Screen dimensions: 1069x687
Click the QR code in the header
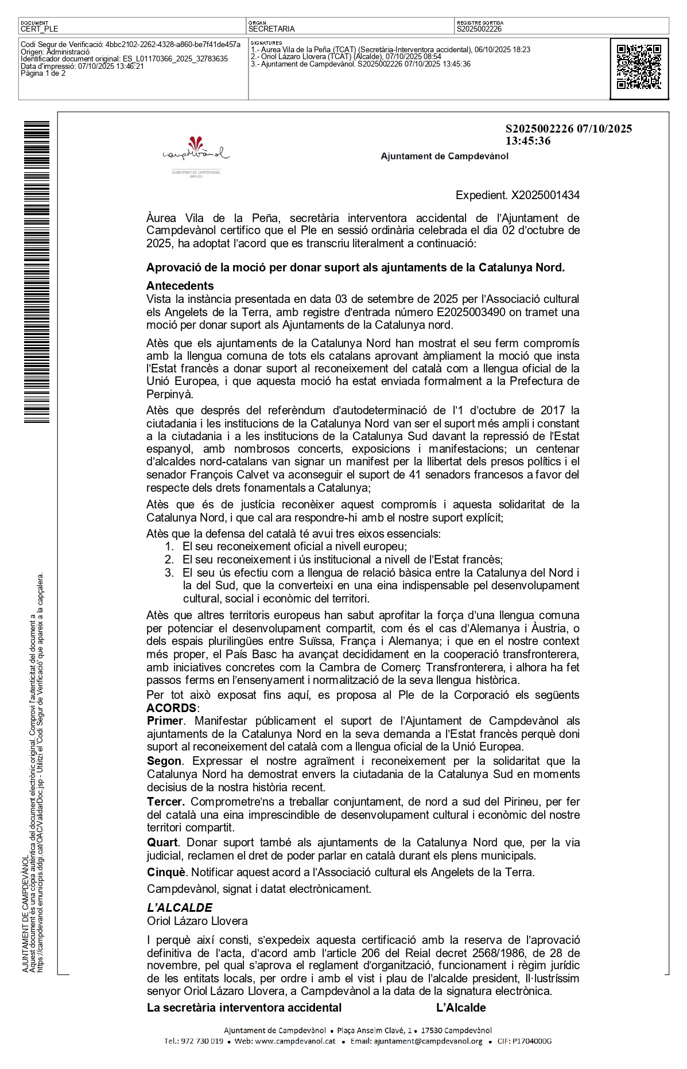click(x=639, y=67)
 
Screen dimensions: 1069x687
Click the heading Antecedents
click(x=180, y=286)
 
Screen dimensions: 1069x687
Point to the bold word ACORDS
click(x=171, y=708)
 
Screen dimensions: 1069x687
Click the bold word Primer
click(x=165, y=721)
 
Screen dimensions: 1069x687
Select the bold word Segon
click(x=164, y=761)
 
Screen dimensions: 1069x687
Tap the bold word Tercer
click(x=165, y=802)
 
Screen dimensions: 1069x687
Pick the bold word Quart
click(x=162, y=842)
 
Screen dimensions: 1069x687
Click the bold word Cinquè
click(x=166, y=872)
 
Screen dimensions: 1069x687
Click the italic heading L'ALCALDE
click(x=180, y=908)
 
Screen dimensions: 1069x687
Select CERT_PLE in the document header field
click(x=39, y=29)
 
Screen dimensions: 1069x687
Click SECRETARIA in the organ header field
click(x=271, y=29)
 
